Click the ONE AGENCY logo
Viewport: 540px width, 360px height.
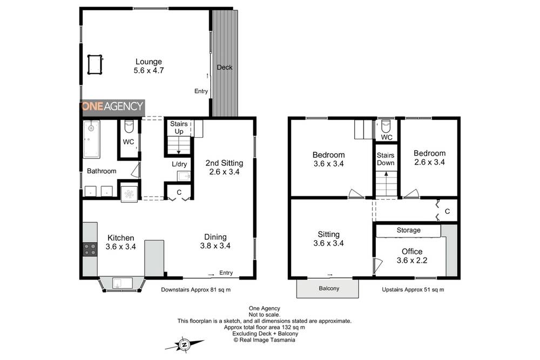click(x=113, y=106)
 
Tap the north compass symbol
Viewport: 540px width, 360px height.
click(x=184, y=344)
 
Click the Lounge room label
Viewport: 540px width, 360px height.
click(x=148, y=62)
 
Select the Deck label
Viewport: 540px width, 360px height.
click(x=224, y=67)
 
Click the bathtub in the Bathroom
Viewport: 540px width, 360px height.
click(x=91, y=139)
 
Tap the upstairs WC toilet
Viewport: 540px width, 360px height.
click(x=386, y=126)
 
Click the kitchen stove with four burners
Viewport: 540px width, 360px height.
click(x=90, y=249)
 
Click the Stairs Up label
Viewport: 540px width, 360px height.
click(x=179, y=127)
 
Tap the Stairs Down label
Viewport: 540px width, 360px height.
click(x=386, y=159)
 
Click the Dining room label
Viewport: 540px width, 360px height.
click(x=215, y=237)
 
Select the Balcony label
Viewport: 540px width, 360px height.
click(x=328, y=288)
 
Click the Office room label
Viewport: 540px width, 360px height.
click(x=411, y=252)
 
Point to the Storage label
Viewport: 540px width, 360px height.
click(x=408, y=230)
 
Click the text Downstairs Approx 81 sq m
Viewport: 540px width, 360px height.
click(x=196, y=290)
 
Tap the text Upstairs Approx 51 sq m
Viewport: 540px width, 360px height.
click(x=413, y=290)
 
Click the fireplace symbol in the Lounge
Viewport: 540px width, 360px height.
click(x=95, y=64)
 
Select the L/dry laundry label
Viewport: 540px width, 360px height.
click(x=179, y=164)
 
